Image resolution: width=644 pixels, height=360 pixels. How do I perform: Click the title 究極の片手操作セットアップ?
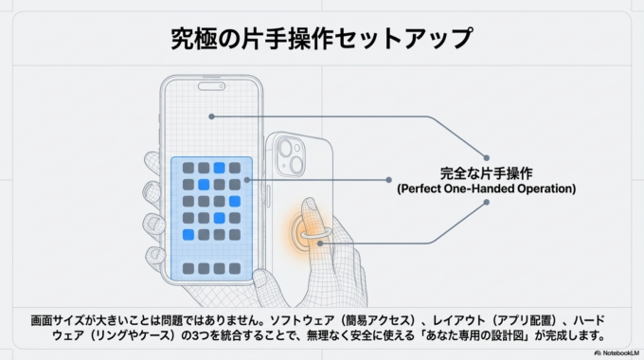coord(321,38)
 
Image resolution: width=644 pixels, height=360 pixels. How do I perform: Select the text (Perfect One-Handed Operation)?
coord(486,189)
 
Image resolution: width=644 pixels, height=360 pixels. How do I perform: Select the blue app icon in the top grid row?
coord(219,168)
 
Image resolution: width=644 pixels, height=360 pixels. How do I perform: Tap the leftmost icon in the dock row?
coord(188,268)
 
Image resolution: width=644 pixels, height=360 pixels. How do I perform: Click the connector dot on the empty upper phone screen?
coord(213,117)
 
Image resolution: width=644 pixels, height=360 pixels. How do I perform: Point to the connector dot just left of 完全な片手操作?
coord(389,178)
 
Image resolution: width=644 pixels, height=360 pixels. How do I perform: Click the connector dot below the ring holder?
coord(322,243)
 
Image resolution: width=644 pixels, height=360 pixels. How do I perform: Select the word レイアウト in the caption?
coord(444,320)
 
